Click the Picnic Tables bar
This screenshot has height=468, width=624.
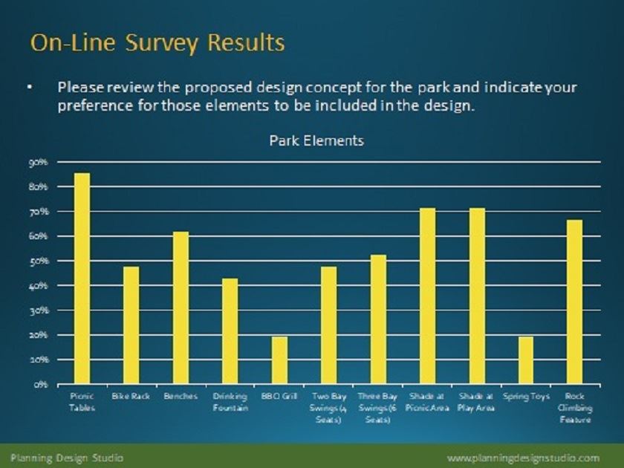[82, 279]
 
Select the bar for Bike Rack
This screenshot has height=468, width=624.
[131, 325]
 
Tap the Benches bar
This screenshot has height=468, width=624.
[181, 308]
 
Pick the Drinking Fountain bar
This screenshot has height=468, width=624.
[230, 331]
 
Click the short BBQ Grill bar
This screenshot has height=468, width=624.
[279, 360]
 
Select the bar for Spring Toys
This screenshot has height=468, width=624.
[526, 360]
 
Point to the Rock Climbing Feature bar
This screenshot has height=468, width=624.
[575, 302]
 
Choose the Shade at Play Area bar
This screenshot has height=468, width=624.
[476, 296]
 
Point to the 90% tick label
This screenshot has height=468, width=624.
[39, 162]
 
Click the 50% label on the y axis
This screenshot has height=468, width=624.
[39, 261]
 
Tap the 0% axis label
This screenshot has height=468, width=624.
[41, 385]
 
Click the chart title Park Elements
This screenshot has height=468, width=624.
[316, 140]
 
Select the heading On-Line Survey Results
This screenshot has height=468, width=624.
[157, 42]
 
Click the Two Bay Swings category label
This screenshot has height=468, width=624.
[328, 408]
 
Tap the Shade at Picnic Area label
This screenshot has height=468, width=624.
[427, 402]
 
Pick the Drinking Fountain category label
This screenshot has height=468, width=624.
[230, 402]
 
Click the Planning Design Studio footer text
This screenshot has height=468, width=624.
[66, 457]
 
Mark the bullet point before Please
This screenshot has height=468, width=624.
[30, 88]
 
